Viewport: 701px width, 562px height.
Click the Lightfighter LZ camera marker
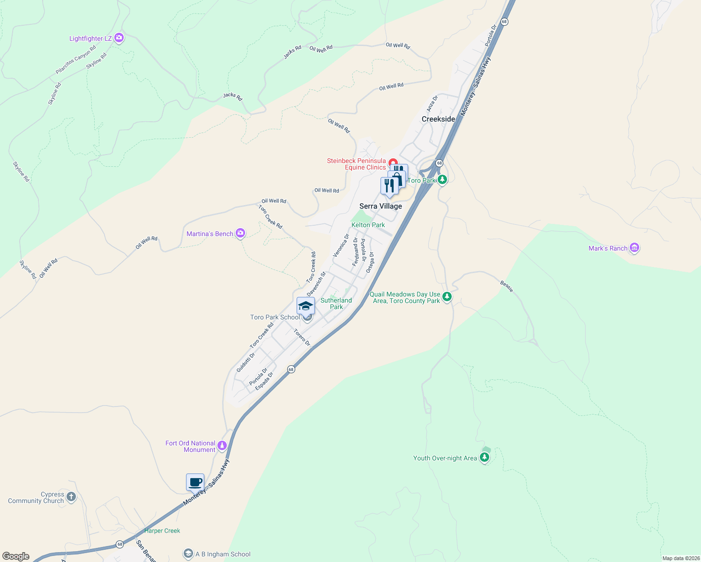click(119, 38)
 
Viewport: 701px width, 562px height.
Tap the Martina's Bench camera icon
click(240, 233)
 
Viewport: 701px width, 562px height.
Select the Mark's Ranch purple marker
click(634, 248)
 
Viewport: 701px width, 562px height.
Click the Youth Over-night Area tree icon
click(485, 458)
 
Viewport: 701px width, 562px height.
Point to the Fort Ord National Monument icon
click(222, 446)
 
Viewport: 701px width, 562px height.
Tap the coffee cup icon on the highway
click(195, 482)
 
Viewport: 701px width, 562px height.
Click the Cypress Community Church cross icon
click(71, 497)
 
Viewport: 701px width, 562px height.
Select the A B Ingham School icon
click(188, 554)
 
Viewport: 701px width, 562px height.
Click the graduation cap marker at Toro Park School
click(306, 306)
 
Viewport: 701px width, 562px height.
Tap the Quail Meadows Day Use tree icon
click(447, 297)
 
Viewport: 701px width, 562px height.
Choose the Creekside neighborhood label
click(438, 119)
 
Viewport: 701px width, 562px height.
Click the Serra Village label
click(380, 206)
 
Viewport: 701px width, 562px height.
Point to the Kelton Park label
click(368, 225)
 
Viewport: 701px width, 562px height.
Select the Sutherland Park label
click(336, 303)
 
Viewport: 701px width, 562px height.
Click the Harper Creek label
click(162, 531)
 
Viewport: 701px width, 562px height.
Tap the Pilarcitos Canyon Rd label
click(75, 59)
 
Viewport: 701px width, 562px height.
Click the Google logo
click(16, 556)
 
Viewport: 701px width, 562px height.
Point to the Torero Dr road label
click(302, 337)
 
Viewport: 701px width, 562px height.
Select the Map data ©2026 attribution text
click(681, 558)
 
